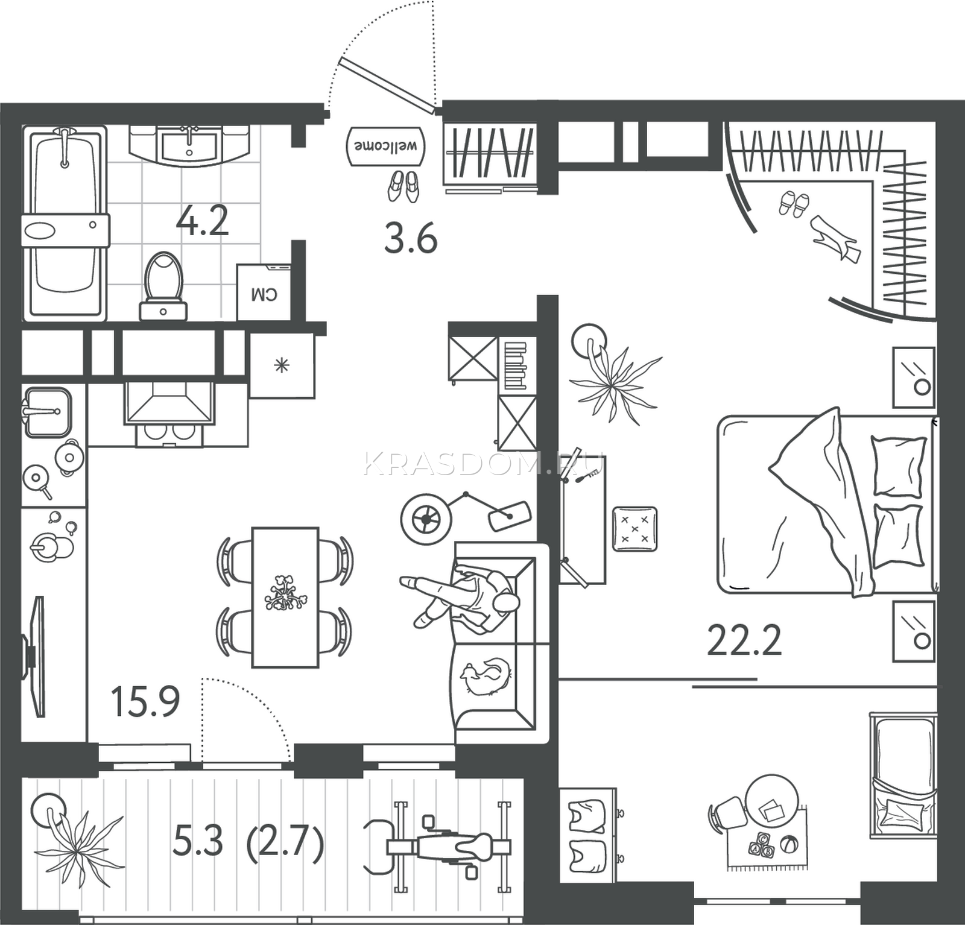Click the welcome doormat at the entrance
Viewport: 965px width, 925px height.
tap(385, 145)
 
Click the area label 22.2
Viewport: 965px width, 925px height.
tap(744, 640)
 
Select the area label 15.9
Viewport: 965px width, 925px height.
tap(145, 701)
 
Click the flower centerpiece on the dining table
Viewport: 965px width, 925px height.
tap(285, 592)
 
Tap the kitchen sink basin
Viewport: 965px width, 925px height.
tap(47, 412)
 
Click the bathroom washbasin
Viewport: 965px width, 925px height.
tap(189, 145)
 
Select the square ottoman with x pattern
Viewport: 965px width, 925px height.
tap(634, 529)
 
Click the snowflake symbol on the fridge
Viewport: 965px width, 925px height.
tap(281, 365)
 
